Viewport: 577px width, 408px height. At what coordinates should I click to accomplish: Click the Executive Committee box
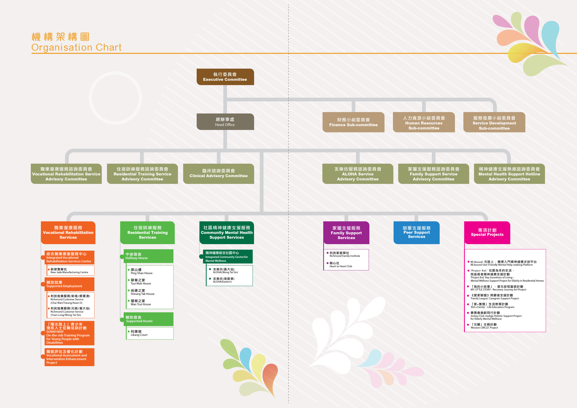coord(225,77)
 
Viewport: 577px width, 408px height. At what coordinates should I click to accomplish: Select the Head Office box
coord(225,122)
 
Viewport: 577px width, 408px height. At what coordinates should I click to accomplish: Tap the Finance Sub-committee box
coord(353,122)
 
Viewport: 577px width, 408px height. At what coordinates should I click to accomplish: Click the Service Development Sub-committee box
coord(494,122)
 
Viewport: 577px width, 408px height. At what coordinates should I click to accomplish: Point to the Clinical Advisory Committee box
coord(218,174)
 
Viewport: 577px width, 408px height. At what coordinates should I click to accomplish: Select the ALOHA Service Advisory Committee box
coord(358,174)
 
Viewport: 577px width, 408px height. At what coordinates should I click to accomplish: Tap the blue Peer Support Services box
coord(416,233)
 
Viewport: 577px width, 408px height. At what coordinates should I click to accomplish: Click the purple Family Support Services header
coord(346,233)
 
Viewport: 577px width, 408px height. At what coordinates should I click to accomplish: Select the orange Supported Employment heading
coord(69,284)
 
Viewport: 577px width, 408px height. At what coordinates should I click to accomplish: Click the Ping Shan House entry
coord(141,271)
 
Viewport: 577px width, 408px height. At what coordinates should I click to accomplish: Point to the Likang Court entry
coord(139,333)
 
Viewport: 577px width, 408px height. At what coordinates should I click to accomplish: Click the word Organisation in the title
coord(62,47)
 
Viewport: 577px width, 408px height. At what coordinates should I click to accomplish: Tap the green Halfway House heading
coord(149,256)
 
